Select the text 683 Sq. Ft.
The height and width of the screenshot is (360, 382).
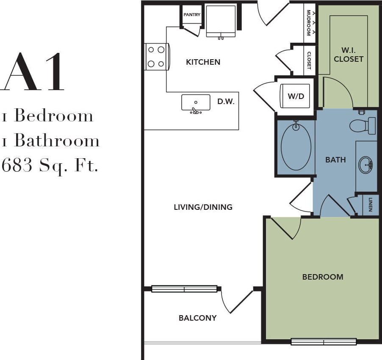[x=50, y=165]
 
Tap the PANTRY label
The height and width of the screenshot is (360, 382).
[x=192, y=15]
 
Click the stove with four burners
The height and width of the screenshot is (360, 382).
[x=155, y=57]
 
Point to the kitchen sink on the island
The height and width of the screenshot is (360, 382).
[x=196, y=103]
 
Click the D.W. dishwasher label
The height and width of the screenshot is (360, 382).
[x=226, y=102]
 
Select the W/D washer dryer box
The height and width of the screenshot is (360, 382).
[x=296, y=96]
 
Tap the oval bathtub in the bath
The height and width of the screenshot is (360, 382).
[x=296, y=146]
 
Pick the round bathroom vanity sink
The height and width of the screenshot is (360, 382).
[x=365, y=165]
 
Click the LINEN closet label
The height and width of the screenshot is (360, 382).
[x=371, y=204]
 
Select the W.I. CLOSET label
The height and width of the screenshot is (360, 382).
[x=349, y=55]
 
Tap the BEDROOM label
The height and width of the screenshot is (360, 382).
[x=323, y=277]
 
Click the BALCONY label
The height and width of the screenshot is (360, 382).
[x=197, y=318]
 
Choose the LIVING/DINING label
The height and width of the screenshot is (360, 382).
[x=203, y=207]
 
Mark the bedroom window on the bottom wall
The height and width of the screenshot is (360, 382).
[x=324, y=341]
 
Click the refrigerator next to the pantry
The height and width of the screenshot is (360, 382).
[x=221, y=21]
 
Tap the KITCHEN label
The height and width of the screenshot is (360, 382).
[x=203, y=62]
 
